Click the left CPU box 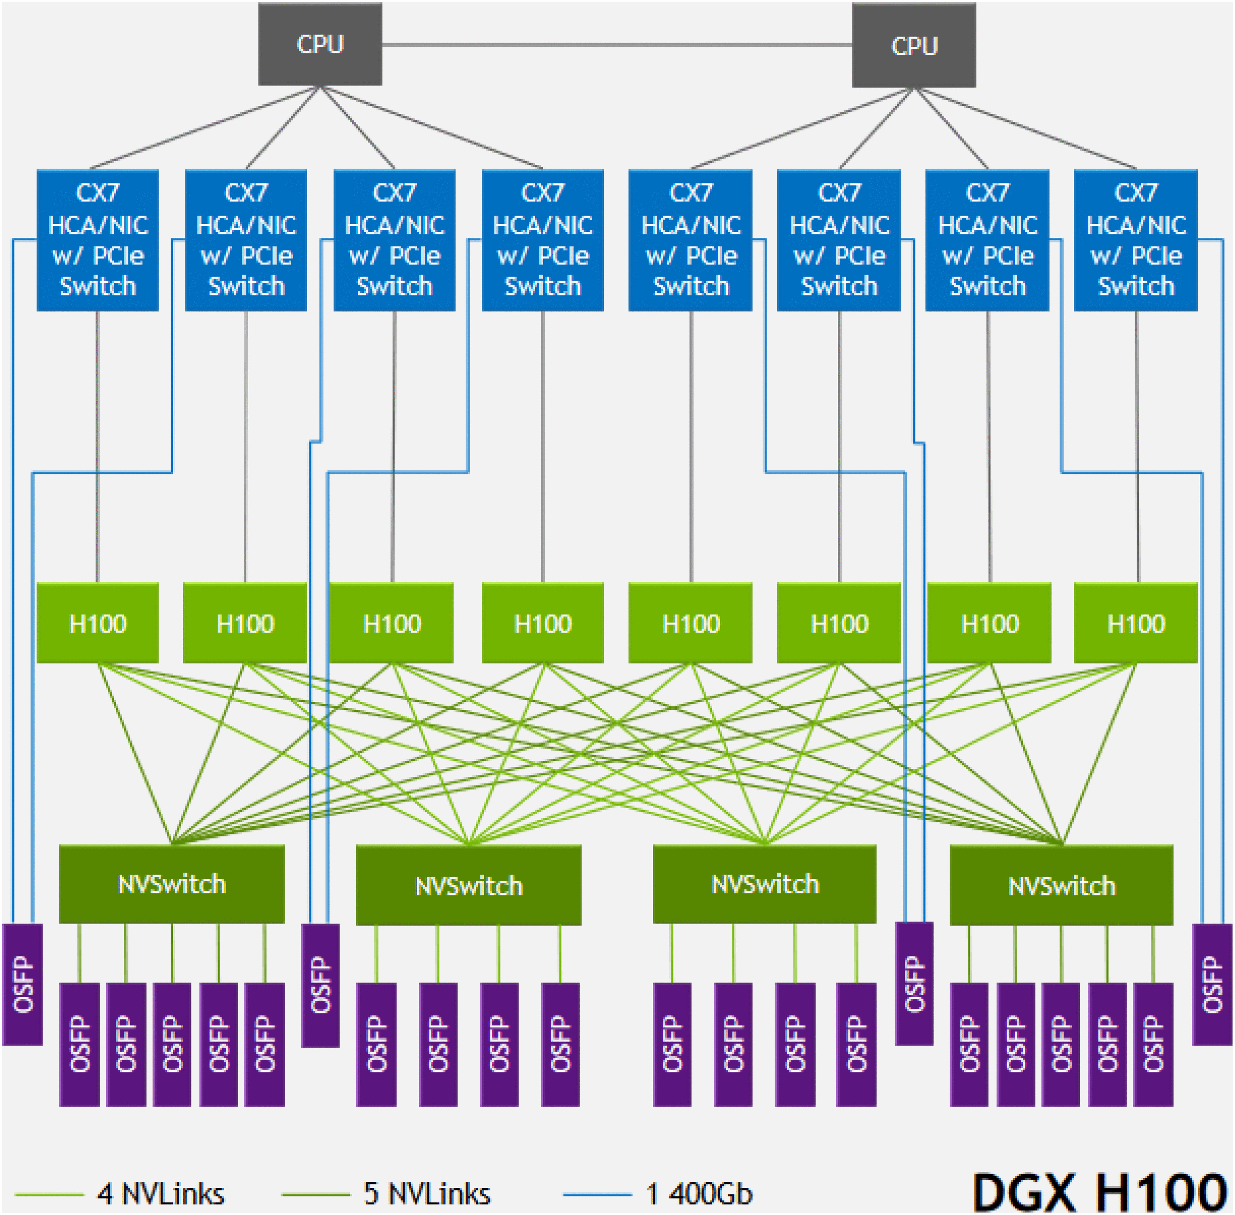(320, 44)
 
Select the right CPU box (914, 45)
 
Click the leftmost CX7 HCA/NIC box (98, 240)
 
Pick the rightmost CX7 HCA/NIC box (1136, 240)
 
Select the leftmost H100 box (98, 623)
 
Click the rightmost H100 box (1136, 623)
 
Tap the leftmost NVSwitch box (171, 884)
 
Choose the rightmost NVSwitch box (1061, 885)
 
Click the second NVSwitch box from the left (468, 885)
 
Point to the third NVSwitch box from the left (764, 884)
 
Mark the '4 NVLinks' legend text (160, 1194)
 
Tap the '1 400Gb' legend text (699, 1194)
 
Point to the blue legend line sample (597, 1194)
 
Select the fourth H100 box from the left (543, 623)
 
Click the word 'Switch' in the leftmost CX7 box (98, 286)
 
